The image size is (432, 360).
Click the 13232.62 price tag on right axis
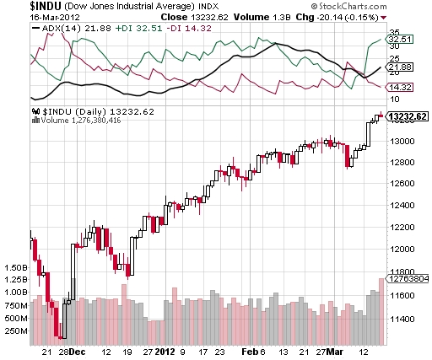click(407, 117)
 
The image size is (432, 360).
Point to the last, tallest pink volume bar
click(381, 311)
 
